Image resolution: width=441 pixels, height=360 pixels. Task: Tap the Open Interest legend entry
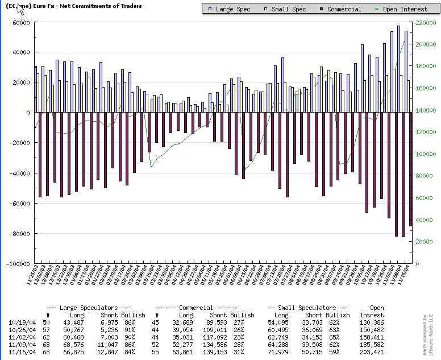pyautogui.click(x=400, y=9)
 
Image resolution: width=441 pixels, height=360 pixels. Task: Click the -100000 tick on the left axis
pyautogui.click(x=17, y=264)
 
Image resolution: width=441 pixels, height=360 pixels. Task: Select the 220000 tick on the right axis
pyautogui.click(x=426, y=22)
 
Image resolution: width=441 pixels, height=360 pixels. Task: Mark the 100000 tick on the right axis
pyautogui.click(x=426, y=154)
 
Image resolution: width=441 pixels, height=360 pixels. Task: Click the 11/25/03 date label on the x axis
pyautogui.click(x=32, y=277)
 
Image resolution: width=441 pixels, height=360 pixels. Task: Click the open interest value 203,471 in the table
pyautogui.click(x=372, y=353)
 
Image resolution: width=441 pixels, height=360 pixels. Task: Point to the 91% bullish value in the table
pyautogui.click(x=138, y=330)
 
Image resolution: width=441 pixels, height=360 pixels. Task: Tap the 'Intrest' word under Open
pyautogui.click(x=372, y=315)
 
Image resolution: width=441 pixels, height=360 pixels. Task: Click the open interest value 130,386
pyautogui.click(x=372, y=323)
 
